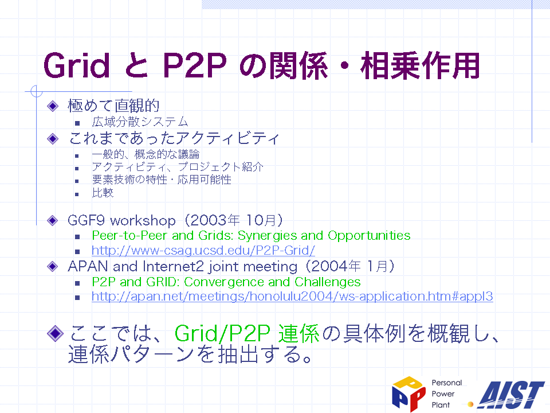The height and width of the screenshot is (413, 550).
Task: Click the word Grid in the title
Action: (x=77, y=65)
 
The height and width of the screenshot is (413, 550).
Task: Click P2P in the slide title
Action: (x=195, y=65)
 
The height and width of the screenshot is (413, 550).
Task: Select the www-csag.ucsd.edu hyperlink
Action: (x=203, y=251)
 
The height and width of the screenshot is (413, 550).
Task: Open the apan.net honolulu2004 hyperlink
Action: (x=292, y=297)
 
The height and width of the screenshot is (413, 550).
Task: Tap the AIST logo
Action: (x=511, y=395)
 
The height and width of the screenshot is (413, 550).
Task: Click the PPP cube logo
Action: (x=408, y=393)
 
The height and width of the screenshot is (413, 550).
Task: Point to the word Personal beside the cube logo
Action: (x=447, y=383)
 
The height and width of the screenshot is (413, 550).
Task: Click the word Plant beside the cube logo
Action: (x=441, y=405)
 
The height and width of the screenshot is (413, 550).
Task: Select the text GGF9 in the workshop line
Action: (x=86, y=220)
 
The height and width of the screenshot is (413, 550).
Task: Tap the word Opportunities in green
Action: (x=369, y=236)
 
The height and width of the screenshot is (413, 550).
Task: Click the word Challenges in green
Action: (x=328, y=282)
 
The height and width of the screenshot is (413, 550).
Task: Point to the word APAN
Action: (x=88, y=267)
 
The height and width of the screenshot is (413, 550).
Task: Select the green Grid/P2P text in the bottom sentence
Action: (x=222, y=333)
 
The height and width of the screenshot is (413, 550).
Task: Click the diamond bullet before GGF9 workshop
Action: (x=53, y=220)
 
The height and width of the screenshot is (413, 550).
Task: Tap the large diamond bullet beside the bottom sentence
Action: (x=55, y=333)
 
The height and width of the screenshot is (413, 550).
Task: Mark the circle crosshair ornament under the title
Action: (x=37, y=91)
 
